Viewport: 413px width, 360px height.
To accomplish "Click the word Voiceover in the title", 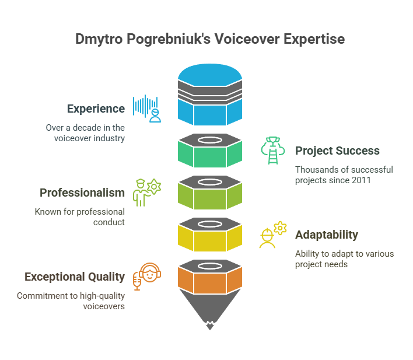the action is click(247, 39).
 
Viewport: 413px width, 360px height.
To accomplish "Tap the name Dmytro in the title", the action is click(99, 40).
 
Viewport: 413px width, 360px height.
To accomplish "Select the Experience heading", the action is click(96, 109).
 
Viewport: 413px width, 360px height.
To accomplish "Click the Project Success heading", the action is click(337, 151).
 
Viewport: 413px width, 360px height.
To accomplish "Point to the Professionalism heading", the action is click(82, 193).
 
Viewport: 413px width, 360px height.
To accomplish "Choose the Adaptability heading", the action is click(327, 235).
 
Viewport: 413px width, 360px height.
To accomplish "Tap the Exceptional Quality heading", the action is click(75, 277).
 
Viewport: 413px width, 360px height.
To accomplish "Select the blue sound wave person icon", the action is click(147, 109).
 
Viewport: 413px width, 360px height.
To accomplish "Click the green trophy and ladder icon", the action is click(273, 151).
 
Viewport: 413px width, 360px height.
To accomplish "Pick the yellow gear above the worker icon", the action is click(280, 228).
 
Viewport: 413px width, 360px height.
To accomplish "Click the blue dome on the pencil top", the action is click(210, 75).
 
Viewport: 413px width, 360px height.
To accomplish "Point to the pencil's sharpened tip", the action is click(210, 329).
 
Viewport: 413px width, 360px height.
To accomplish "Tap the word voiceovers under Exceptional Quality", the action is click(104, 306).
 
